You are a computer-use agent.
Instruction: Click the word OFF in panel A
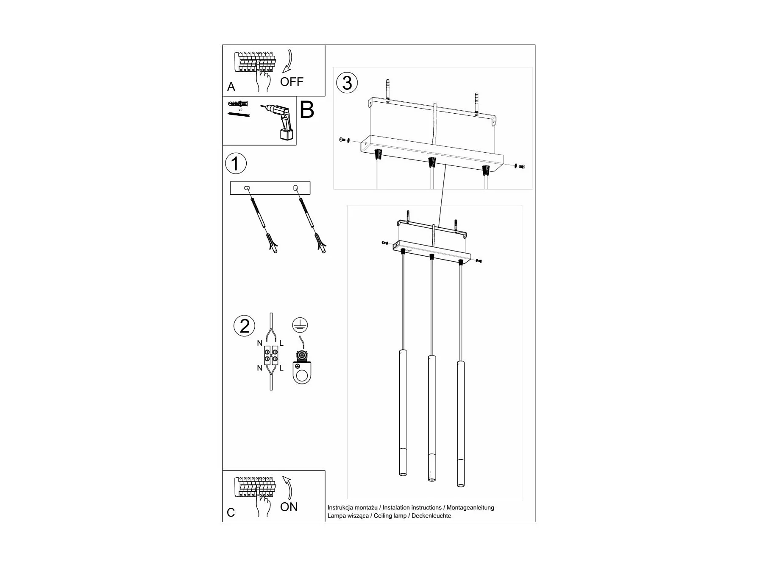click(x=292, y=81)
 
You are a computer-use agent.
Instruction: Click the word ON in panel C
click(x=289, y=506)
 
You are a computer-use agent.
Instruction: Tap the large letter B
click(x=307, y=109)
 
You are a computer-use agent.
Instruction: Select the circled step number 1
click(x=236, y=164)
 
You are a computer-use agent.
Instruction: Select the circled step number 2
click(x=245, y=326)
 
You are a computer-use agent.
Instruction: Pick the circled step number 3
click(x=347, y=83)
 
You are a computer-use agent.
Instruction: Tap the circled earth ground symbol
click(x=300, y=325)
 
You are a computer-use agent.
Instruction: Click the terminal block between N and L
click(x=271, y=355)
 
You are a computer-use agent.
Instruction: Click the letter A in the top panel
click(x=231, y=87)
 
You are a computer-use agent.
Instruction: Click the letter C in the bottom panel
click(x=231, y=512)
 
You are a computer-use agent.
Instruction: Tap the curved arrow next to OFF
click(x=288, y=62)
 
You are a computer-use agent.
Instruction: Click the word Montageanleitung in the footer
click(x=470, y=508)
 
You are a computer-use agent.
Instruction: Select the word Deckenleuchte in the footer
click(x=431, y=516)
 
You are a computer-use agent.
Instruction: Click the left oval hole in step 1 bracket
click(x=247, y=188)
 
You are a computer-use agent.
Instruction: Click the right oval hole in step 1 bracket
click(x=295, y=187)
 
